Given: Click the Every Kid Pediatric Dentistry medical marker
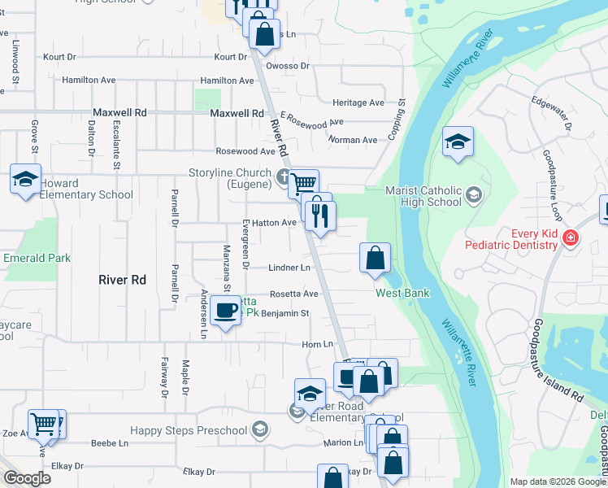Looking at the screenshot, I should coord(571,237).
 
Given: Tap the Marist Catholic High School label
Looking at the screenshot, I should coord(423,196).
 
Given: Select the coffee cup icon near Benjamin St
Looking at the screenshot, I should coord(225,311).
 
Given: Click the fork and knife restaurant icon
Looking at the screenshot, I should coord(320,215).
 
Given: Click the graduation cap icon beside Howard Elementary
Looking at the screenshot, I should coord(25,178).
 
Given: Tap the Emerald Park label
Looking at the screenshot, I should coord(37,259).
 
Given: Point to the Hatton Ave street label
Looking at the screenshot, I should coord(278,222).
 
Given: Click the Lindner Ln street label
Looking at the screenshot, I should coord(289,268).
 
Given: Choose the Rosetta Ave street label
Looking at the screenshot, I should coord(293,294).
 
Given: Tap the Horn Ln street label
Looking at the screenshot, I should coord(312,345).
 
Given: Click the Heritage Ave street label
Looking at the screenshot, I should coord(358,103).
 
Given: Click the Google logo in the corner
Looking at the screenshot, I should coord(27,478).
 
